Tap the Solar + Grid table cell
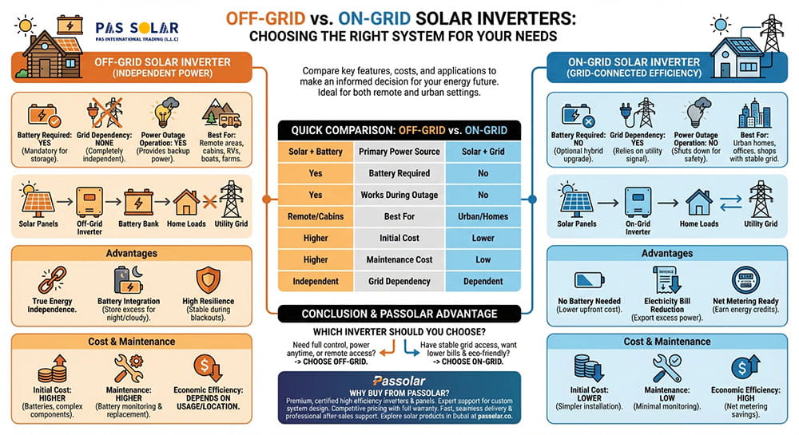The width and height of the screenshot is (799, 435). [483, 152]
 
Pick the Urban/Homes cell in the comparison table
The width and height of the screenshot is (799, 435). [483, 216]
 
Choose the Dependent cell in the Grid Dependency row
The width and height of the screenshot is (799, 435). [483, 281]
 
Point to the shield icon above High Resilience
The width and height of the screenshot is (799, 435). [208, 280]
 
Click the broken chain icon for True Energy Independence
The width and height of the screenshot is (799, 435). [51, 281]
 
